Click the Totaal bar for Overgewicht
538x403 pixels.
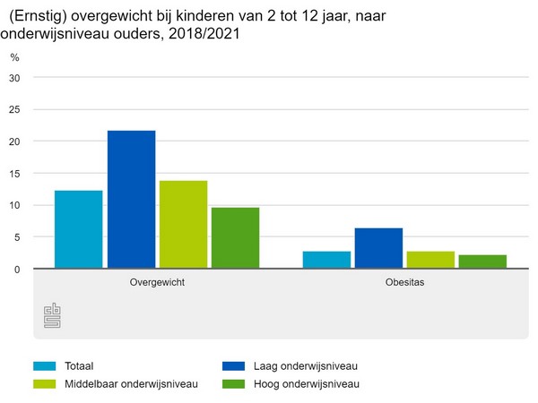78,229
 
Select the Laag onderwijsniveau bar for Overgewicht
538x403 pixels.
131,200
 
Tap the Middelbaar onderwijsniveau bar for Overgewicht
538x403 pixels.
183,225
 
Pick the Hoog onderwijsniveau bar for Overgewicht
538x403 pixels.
235,238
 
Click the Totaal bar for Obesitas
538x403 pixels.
326,260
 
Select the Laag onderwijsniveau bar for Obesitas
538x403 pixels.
378,248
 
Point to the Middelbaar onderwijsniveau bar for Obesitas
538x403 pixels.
430,260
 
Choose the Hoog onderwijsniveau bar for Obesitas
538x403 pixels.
482,262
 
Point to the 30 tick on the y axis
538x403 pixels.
13,78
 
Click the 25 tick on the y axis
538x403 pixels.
13,109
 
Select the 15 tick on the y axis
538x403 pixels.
13,173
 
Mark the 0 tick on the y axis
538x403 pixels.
16,269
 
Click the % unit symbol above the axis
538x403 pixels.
14,57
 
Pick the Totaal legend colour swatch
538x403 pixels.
45,365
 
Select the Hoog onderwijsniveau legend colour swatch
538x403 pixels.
233,384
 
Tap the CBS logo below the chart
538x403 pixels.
53,315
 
